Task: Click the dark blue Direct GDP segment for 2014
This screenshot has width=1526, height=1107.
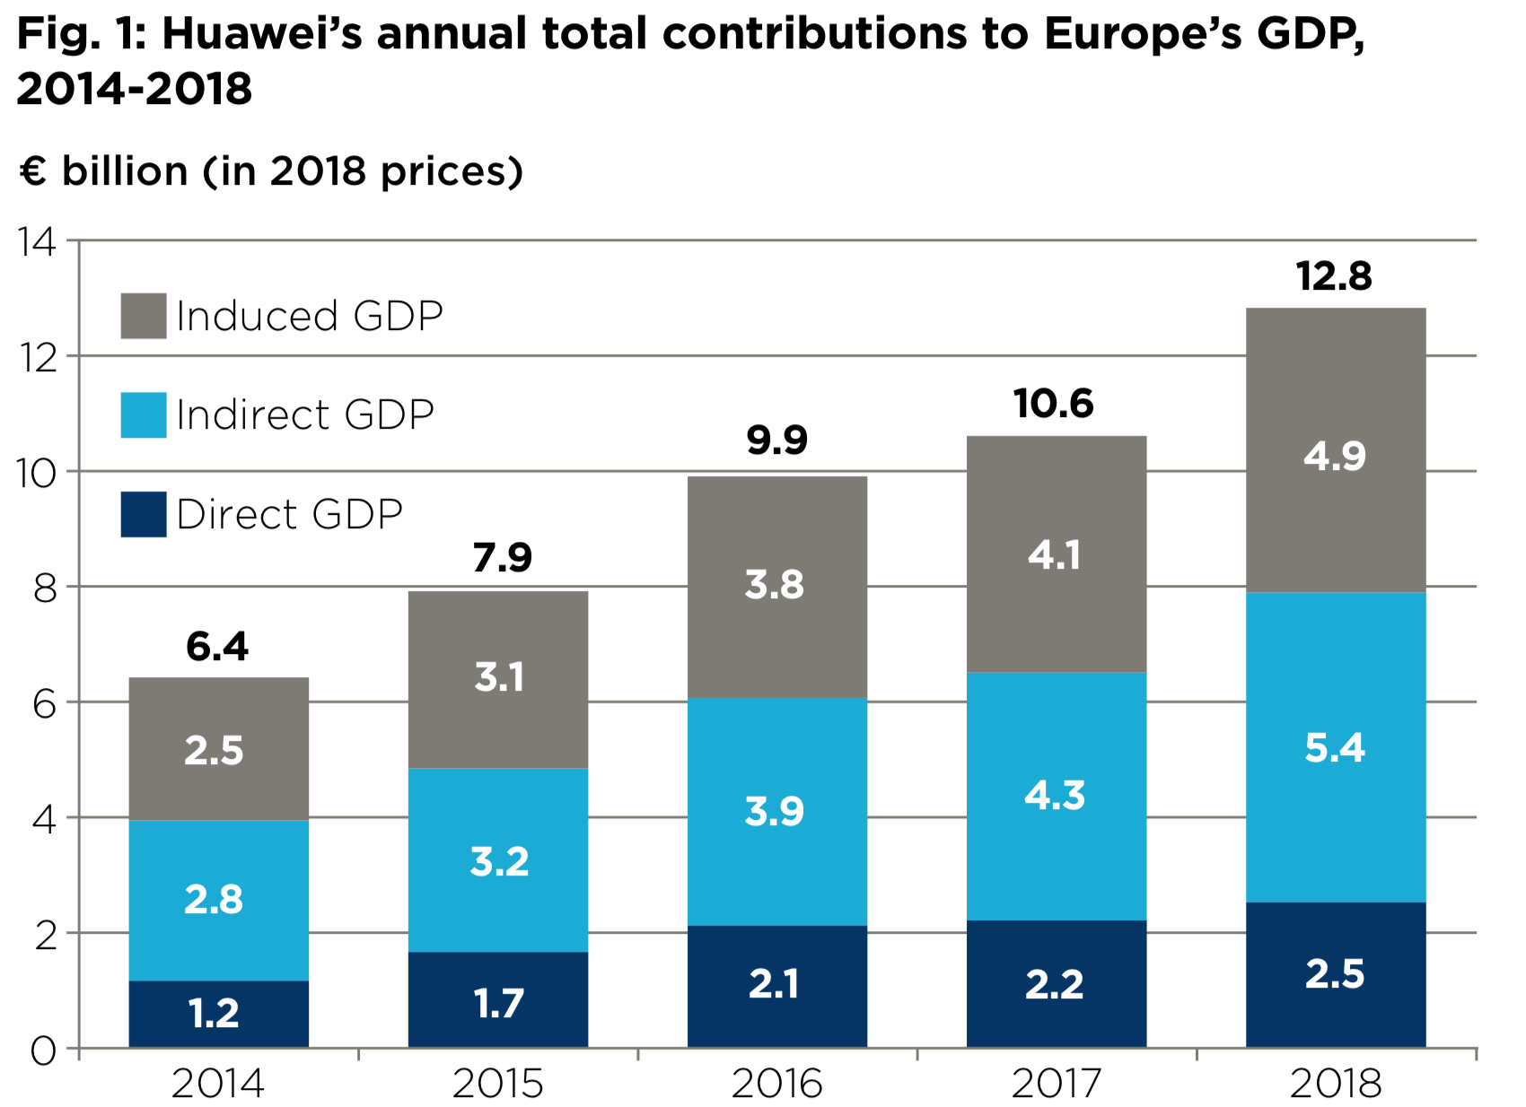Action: point(218,1014)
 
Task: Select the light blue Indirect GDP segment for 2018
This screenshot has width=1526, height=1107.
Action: point(1335,747)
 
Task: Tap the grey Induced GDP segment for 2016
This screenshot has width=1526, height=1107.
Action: point(776,586)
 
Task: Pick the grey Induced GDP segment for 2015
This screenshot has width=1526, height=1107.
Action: point(497,678)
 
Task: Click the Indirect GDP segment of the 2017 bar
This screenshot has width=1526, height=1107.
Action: point(1056,796)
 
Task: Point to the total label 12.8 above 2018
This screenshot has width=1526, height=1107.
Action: point(1334,276)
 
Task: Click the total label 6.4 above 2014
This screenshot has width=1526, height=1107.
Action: point(217,647)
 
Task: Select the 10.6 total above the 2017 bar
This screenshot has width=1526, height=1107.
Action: point(1054,404)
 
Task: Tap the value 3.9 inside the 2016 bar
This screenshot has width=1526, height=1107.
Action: point(774,812)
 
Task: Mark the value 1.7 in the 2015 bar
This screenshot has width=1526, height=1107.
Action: point(498,1004)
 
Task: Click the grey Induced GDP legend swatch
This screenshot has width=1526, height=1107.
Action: point(144,316)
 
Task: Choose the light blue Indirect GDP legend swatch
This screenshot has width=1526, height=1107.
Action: point(144,415)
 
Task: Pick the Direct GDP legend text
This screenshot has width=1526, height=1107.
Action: point(289,515)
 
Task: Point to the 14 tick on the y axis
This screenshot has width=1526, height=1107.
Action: point(37,242)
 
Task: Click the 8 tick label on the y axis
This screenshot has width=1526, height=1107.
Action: point(45,588)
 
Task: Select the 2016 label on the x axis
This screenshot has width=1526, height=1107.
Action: point(776,1084)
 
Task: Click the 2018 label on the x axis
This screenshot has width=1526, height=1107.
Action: point(1336,1084)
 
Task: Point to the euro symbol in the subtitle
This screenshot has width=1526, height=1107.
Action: point(32,170)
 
